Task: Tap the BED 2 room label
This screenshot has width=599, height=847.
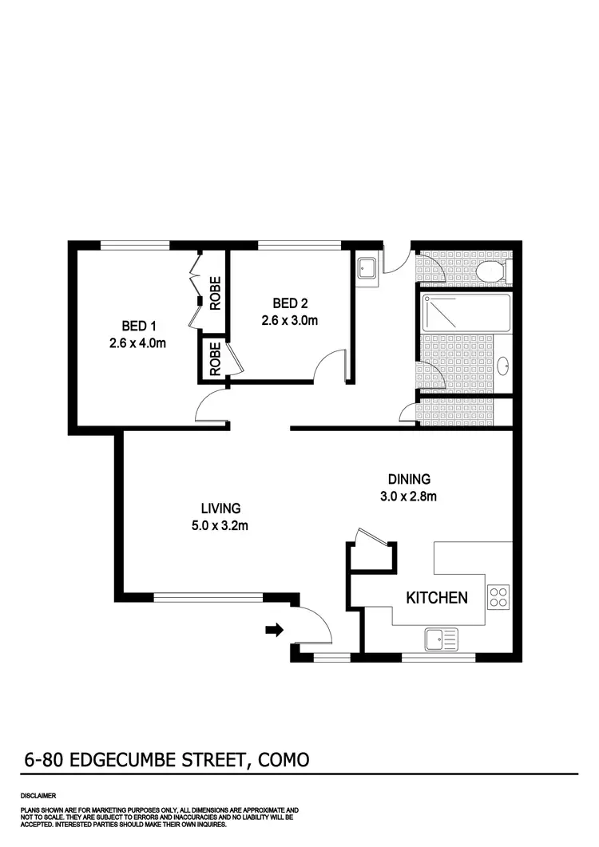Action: [x=290, y=303]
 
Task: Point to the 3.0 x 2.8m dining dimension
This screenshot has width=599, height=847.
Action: [x=409, y=497]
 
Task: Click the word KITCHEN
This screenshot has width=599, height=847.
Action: [x=437, y=598]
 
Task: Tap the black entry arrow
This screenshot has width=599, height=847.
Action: [x=274, y=631]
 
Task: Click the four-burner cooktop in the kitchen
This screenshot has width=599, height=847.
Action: [x=498, y=597]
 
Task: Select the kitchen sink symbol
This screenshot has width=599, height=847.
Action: [x=441, y=638]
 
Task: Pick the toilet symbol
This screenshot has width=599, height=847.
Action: [x=490, y=273]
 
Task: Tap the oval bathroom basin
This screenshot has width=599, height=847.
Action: [x=504, y=366]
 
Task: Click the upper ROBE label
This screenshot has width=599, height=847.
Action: [x=216, y=292]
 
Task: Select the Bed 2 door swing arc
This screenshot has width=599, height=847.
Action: [x=330, y=366]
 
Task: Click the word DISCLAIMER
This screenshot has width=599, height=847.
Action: [x=39, y=796]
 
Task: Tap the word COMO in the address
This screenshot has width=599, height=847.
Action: [x=284, y=759]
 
